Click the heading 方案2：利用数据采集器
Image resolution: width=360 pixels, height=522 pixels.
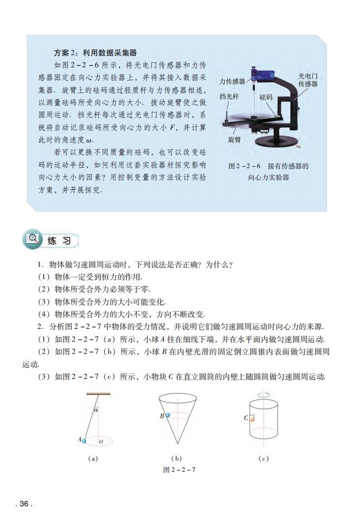95,53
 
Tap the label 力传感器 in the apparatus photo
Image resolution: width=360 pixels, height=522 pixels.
232,82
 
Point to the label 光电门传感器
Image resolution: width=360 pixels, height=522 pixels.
308,80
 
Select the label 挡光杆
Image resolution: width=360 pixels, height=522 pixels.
229,97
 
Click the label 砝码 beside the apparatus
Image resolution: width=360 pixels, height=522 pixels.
266,97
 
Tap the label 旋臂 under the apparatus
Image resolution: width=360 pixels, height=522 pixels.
234,140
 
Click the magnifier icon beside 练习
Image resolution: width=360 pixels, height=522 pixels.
34,240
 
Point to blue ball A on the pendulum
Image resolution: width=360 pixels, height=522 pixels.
83,441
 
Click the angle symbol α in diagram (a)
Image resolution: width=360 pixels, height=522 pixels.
96,408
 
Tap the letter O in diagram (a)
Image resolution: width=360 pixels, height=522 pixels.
101,442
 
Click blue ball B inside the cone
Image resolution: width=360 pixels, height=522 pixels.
168,415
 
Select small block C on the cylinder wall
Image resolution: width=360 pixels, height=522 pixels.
250,418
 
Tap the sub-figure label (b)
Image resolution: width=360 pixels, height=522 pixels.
176,458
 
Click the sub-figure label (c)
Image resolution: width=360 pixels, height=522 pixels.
263,458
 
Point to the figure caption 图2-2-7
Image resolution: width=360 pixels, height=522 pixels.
179,469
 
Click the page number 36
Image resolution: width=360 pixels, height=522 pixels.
24,503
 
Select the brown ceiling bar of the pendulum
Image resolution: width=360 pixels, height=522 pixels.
98,393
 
